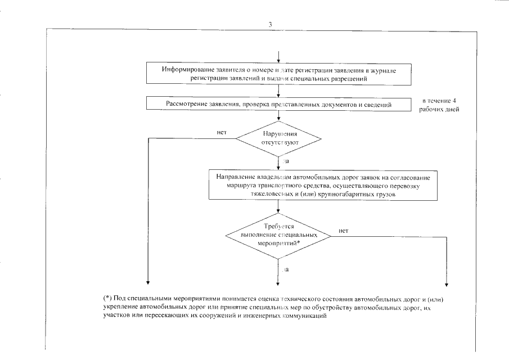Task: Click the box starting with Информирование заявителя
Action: click(x=278, y=73)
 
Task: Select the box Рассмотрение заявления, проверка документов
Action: click(x=278, y=104)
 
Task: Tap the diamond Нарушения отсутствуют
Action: click(x=278, y=138)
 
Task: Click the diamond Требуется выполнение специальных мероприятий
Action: click(x=278, y=233)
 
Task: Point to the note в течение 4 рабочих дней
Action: click(x=439, y=105)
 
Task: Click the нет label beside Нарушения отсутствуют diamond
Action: click(x=221, y=133)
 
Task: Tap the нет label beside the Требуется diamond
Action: click(x=344, y=230)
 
